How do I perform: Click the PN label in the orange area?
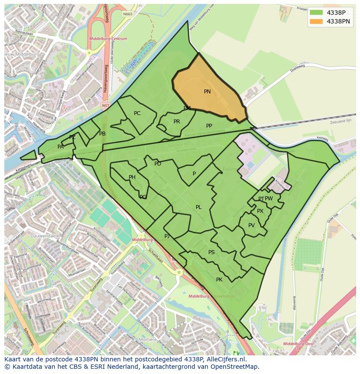[207, 92]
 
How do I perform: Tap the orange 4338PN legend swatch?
[316, 21]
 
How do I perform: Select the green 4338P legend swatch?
[316, 13]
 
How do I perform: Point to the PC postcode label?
[137, 113]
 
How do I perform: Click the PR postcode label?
[177, 122]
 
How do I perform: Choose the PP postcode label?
[209, 126]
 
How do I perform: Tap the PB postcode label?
[102, 134]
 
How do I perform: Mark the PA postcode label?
[60, 147]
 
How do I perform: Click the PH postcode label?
[132, 177]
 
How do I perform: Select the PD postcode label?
[158, 164]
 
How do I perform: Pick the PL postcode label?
[198, 207]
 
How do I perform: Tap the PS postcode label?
[211, 252]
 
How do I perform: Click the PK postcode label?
[219, 280]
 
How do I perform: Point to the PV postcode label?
[251, 225]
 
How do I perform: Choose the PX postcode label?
[260, 211]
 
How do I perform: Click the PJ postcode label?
[167, 236]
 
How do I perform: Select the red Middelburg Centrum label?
[108, 39]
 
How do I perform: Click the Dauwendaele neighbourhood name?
[45, 236]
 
